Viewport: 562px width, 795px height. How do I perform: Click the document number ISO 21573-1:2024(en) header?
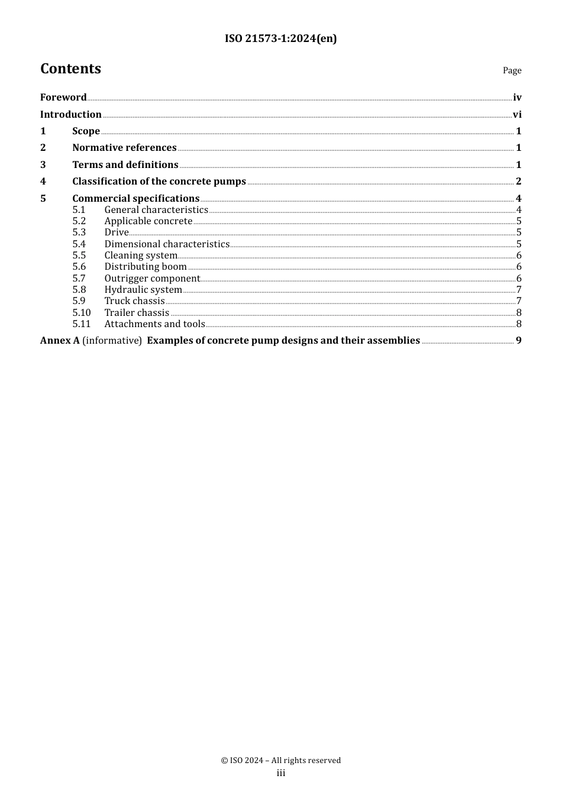(280, 39)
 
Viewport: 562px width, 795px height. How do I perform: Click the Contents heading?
(70, 69)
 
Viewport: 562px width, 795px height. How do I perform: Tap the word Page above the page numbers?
(512, 70)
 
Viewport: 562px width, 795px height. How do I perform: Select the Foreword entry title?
(63, 98)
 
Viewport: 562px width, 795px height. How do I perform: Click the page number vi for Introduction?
(517, 115)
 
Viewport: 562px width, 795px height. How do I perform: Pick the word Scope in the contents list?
(86, 131)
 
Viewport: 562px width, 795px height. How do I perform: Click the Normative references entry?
(124, 148)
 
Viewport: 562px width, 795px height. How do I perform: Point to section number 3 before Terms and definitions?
(43, 165)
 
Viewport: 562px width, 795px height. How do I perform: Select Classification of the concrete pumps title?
(159, 182)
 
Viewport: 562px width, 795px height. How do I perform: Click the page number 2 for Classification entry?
(518, 182)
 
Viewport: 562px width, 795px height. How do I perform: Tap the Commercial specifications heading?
(135, 199)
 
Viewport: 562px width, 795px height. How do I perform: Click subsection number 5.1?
(79, 210)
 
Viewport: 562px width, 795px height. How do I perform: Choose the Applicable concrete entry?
(148, 221)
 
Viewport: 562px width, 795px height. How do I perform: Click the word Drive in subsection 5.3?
(117, 232)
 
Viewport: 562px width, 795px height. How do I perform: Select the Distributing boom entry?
(146, 267)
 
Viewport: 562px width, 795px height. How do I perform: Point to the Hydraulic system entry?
(143, 290)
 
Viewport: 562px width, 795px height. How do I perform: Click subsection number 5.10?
(82, 313)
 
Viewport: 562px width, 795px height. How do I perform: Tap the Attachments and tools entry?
(154, 324)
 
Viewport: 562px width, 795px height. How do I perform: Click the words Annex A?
(60, 341)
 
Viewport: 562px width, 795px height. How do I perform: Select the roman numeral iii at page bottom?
(281, 773)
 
